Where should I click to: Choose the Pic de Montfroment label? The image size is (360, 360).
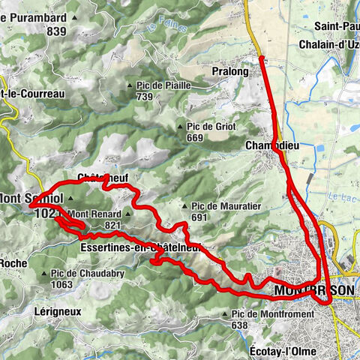pos(270,313)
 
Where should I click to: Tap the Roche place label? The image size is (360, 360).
pos(13,263)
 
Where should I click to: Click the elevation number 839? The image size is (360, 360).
pos(56,31)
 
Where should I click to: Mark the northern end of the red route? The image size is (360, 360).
pos(261,57)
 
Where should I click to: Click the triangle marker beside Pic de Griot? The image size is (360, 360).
pos(181,126)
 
